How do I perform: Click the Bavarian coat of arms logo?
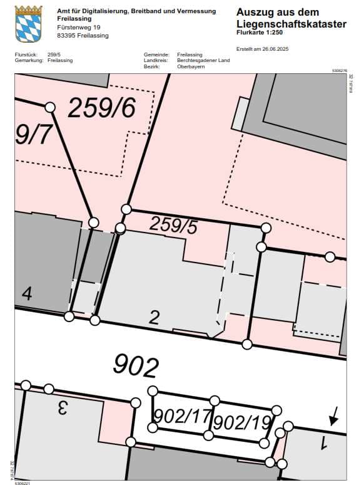(28, 23)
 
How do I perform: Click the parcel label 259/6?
(101, 108)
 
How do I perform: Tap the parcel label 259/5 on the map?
(173, 224)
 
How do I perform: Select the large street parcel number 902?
(135, 365)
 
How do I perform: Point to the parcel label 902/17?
(181, 415)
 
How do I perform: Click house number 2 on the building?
(154, 317)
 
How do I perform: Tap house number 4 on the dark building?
(26, 293)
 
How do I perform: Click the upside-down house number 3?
(62, 407)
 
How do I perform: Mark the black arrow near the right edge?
(335, 415)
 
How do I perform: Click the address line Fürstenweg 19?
(78, 28)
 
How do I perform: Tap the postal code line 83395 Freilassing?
(83, 36)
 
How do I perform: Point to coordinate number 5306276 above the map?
(338, 71)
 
